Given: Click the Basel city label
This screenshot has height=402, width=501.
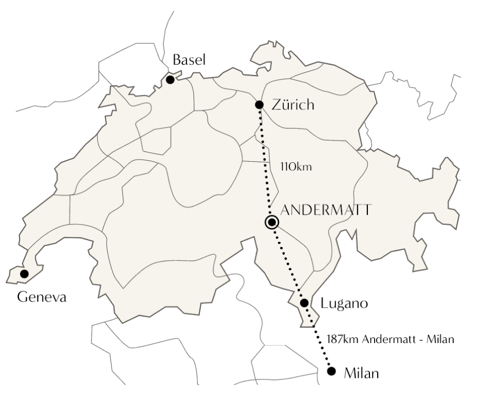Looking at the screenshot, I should tap(189, 60).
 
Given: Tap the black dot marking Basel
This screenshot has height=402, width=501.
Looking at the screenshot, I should tap(170, 80).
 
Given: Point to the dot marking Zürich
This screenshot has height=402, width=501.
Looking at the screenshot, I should tap(259, 105).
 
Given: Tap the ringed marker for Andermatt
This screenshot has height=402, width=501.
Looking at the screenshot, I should tap(272, 222).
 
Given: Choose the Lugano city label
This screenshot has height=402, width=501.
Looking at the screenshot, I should tap(344, 303).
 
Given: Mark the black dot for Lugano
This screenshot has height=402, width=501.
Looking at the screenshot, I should tap(304, 303).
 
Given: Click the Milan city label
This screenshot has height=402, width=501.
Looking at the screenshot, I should tap(361, 373).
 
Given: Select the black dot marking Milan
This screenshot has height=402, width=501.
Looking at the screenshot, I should tap(331, 371).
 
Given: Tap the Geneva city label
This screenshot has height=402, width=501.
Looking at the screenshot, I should tap(42, 297).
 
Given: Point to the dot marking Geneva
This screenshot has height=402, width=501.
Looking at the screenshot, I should tap(24, 274).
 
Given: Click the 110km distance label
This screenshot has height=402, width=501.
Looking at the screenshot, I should tap(296, 167).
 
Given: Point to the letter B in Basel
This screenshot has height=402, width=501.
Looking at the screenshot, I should tap(177, 60).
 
